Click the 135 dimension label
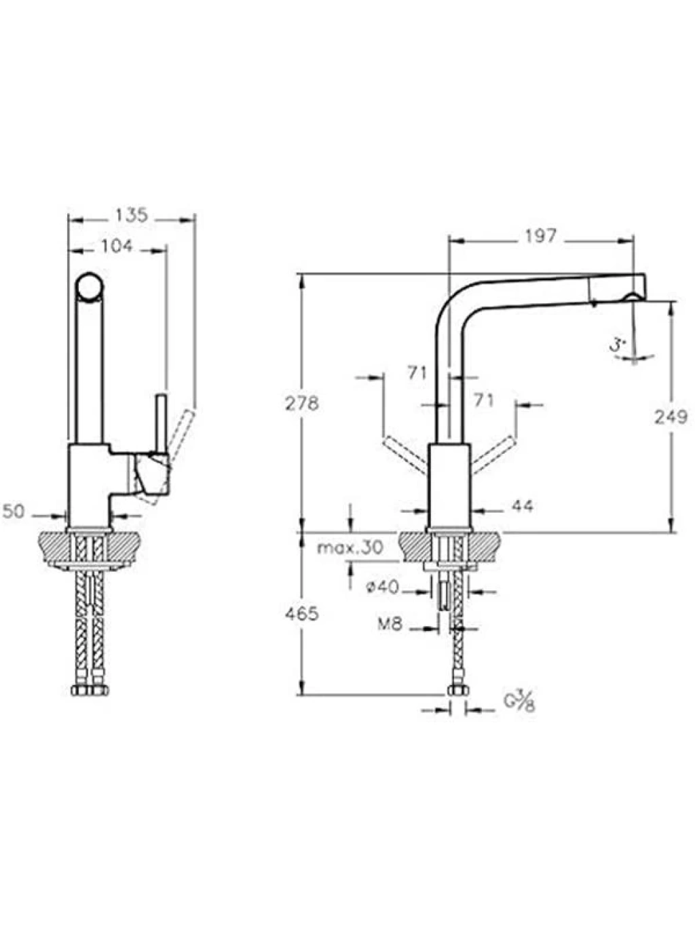[x=132, y=215]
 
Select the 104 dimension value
[x=117, y=246]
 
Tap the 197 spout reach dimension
[x=540, y=237]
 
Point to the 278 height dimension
[x=302, y=404]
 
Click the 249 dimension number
[x=671, y=417]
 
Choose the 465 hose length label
[x=301, y=614]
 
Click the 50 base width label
[x=14, y=512]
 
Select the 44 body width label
[x=523, y=505]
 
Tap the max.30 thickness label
[x=350, y=547]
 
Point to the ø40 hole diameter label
[x=382, y=587]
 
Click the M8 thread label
[x=390, y=625]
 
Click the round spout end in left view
[x=89, y=286]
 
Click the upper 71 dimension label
[x=417, y=372]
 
